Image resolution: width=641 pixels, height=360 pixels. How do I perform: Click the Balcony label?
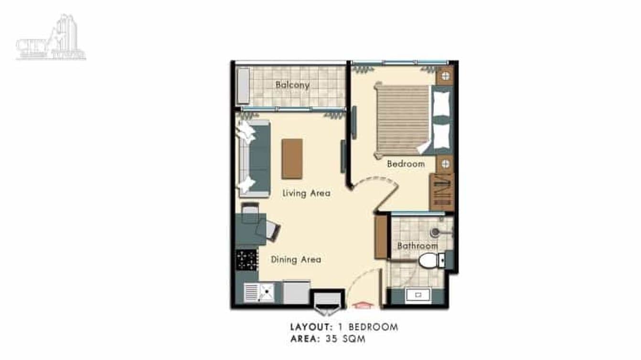point(292,85)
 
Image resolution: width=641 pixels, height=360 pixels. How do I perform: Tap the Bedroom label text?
point(406,164)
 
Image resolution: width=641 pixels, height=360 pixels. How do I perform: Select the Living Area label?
point(306,193)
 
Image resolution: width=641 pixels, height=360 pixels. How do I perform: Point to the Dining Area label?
point(296,260)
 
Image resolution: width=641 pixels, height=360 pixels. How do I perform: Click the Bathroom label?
point(417,246)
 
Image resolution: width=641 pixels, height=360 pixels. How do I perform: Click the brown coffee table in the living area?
point(292,159)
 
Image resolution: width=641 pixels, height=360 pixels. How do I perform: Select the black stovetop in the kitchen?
point(246,260)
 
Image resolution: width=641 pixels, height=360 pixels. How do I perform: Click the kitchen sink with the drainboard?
point(259,292)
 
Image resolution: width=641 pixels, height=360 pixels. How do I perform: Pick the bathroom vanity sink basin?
point(417,295)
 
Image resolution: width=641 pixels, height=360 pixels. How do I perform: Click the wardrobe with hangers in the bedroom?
point(441,191)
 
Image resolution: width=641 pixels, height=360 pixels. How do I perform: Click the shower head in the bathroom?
point(434,233)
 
